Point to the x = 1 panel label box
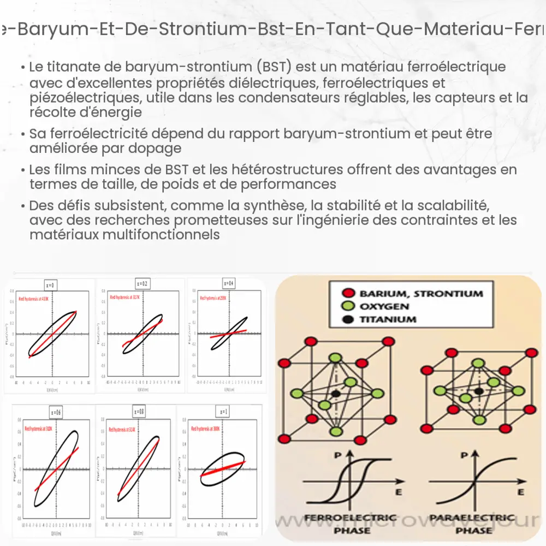(x=223, y=411)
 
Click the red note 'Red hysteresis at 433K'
(x=34, y=299)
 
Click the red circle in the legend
(x=349, y=293)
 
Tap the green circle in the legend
(x=349, y=306)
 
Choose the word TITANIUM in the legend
(x=387, y=319)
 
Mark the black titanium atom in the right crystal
(x=479, y=391)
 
